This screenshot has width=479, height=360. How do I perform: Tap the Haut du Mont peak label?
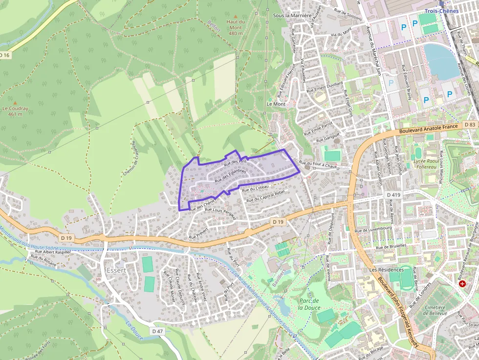pos(235,27)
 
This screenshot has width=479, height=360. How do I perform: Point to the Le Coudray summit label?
pos(15,111)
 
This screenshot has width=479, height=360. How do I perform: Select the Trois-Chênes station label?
pos(441,11)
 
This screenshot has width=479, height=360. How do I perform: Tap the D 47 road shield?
pos(157,331)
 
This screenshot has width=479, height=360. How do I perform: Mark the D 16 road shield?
pos(4,55)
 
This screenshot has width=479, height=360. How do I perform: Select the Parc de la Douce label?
pos(308,304)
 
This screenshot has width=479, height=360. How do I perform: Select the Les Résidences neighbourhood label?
pos(387,270)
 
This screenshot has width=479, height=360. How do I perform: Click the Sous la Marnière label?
pos(292,16)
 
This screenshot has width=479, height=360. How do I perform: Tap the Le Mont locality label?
pos(276,104)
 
